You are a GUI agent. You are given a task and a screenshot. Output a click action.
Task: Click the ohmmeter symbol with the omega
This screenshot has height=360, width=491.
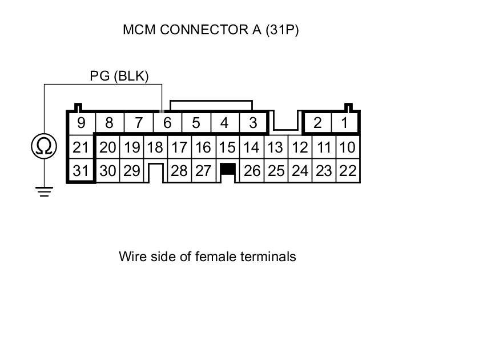[x=44, y=147]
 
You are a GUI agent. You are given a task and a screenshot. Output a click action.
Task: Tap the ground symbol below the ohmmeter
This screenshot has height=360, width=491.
[x=44, y=191]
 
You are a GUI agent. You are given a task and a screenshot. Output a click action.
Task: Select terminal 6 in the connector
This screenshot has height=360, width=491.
[x=167, y=123]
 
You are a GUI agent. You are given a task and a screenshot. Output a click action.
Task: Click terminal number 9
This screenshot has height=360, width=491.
[x=81, y=123]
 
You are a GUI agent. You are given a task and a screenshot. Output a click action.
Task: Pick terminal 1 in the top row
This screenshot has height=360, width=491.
[x=344, y=123]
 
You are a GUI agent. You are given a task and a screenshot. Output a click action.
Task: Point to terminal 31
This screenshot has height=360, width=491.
[x=81, y=171]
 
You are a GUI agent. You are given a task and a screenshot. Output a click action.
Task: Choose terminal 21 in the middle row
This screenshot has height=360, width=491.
[x=81, y=147]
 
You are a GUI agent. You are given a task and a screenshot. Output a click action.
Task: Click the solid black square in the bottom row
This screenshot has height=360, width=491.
[x=228, y=169]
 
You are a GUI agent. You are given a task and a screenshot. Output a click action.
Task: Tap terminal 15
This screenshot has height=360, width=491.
[x=227, y=147]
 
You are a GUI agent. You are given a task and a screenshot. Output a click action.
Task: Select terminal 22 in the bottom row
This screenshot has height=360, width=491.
[x=348, y=171]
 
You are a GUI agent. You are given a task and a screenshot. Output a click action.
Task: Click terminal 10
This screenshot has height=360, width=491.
[x=348, y=147]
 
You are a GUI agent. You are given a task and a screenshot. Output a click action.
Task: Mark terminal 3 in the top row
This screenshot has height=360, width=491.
[x=253, y=123]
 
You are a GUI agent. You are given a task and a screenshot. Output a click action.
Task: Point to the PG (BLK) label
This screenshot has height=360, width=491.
[x=119, y=76]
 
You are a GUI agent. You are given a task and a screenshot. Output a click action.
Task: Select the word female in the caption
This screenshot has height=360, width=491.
[x=215, y=257]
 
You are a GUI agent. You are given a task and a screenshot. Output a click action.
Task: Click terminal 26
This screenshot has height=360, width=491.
[x=252, y=171]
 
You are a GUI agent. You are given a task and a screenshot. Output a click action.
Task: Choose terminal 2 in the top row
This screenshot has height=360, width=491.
[x=317, y=123]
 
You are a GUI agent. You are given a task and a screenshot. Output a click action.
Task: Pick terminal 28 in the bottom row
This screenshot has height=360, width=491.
[x=179, y=171]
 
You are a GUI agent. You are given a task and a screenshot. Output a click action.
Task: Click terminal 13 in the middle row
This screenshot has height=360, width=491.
[x=276, y=147]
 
